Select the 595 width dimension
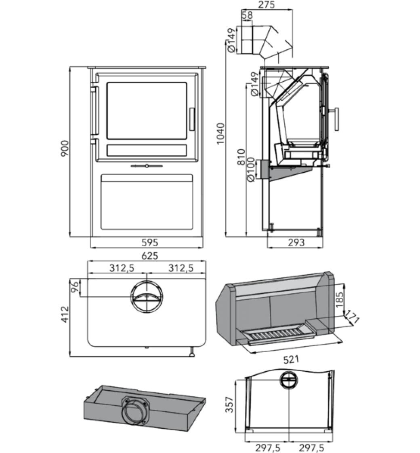149,243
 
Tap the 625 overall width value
149,256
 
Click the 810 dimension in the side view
241,157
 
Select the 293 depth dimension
296,243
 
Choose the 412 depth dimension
65,314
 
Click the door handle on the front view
191,120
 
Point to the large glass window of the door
147,111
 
